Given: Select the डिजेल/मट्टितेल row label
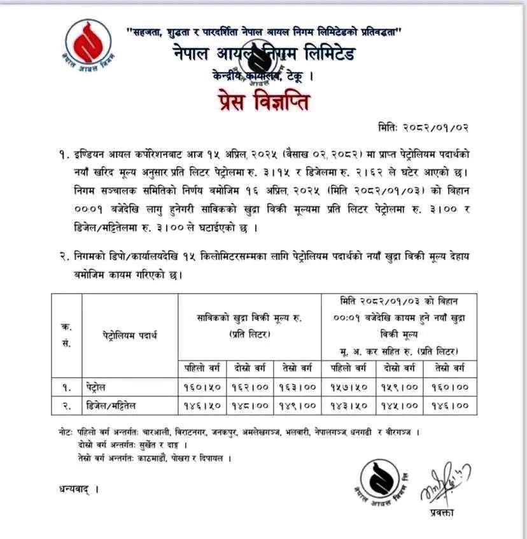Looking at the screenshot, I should tap(120, 405).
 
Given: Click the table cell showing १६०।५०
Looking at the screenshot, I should tap(202, 387).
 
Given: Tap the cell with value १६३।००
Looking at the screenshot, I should tap(299, 387).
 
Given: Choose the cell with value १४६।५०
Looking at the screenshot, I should tap(202, 405).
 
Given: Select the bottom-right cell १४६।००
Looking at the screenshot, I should tap(451, 405).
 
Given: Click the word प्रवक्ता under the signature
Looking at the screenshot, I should tap(442, 514).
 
